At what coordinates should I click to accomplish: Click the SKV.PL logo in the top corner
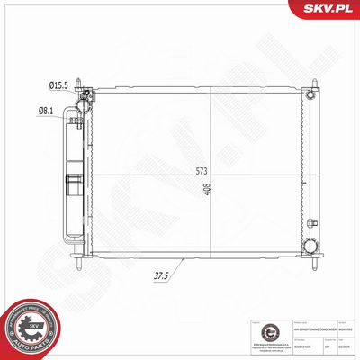pos(329,10)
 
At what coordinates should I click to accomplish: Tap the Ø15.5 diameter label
pos(58,85)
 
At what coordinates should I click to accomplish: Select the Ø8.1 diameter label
pos(45,112)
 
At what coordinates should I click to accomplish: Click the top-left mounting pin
pos(81,82)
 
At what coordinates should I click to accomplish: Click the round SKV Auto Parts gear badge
pos(31,328)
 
